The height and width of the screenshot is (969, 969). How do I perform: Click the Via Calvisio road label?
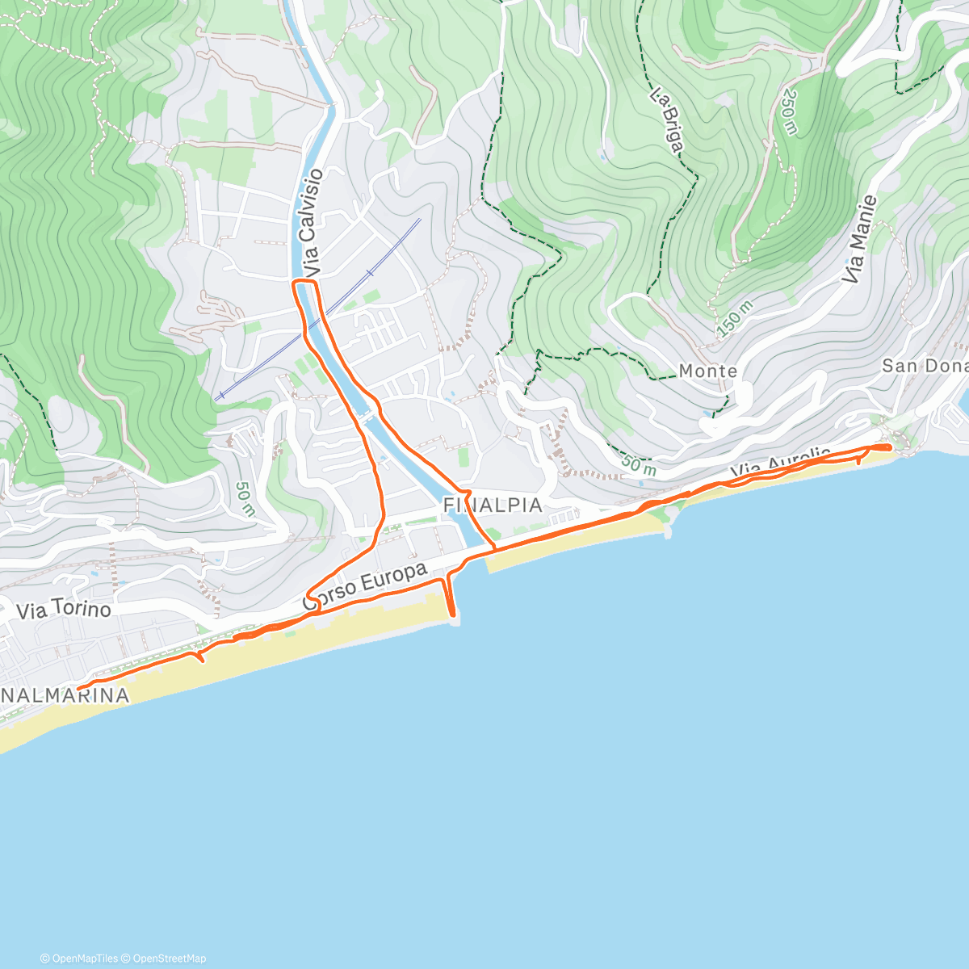point(309,221)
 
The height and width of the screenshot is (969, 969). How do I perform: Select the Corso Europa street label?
point(365,586)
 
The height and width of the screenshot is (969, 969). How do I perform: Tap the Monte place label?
point(707,371)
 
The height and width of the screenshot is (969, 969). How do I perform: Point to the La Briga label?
point(667,121)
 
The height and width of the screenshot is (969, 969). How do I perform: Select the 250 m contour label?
point(789,114)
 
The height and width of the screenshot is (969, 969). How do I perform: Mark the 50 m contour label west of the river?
point(244,499)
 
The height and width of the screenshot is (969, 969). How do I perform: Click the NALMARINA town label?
point(65,695)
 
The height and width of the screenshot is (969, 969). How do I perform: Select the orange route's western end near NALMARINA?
point(79,688)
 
